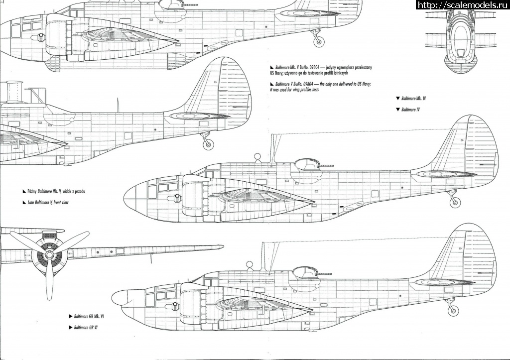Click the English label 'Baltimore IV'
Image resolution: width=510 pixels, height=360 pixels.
(410, 109)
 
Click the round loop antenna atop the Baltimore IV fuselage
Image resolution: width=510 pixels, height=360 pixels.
(257, 158)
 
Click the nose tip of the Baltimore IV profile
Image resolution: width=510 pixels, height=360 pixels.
(124, 193)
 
